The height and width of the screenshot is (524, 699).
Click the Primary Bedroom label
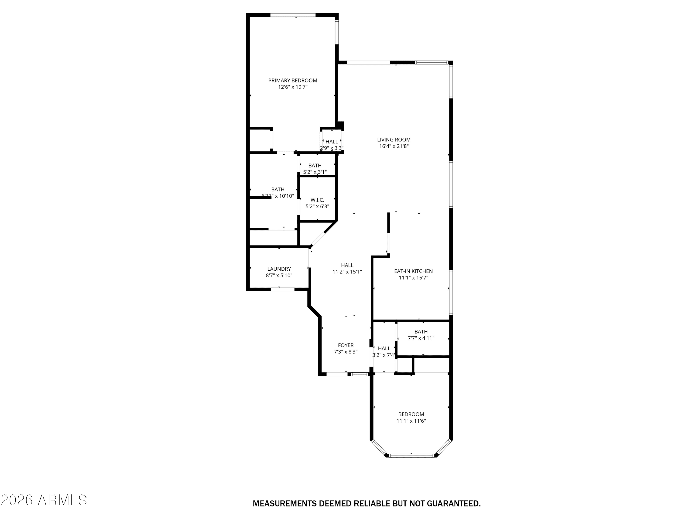point(293,81)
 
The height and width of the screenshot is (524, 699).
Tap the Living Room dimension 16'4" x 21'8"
point(394,146)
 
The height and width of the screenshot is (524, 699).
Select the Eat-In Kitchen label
point(413,271)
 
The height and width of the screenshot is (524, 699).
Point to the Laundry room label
point(279,269)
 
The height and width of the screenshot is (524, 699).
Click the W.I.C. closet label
point(317,200)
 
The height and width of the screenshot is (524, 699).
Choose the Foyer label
point(346,345)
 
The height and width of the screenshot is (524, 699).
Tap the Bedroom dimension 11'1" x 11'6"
point(411,421)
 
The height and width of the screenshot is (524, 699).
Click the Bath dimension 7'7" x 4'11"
point(421,338)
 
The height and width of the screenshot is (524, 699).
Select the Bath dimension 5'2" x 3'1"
point(315,172)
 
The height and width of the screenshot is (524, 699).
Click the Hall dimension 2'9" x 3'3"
point(332,148)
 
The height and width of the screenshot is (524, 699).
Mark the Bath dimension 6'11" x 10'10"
point(278,196)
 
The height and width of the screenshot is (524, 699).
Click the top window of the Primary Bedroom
point(293,15)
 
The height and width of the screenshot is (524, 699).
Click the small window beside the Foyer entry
point(360,374)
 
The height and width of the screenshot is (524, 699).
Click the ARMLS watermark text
point(44,500)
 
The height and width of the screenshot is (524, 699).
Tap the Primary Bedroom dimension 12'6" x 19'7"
point(293,87)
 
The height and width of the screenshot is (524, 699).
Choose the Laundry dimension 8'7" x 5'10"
point(279,276)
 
